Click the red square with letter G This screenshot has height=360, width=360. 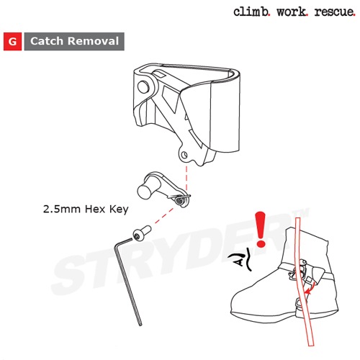coord(12,41)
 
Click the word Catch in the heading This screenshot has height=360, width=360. coord(47,41)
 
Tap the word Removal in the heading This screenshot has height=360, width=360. coord(93,41)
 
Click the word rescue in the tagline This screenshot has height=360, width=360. coord(335,12)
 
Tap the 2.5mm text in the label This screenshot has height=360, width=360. coord(62,209)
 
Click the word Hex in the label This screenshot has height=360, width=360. coord(95,209)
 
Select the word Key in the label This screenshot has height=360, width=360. coord(119,210)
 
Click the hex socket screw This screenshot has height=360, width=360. coord(142,233)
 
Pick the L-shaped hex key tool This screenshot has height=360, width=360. coord(127,281)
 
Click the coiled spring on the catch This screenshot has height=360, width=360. coord(180,200)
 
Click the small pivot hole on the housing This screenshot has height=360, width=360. coord(184,154)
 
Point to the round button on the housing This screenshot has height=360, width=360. coord(143,87)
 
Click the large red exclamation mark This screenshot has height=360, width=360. coord(261,229)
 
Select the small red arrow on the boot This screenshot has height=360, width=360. coord(310,289)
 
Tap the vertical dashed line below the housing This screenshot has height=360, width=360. coord(186,179)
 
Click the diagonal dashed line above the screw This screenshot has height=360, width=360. coord(164,216)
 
